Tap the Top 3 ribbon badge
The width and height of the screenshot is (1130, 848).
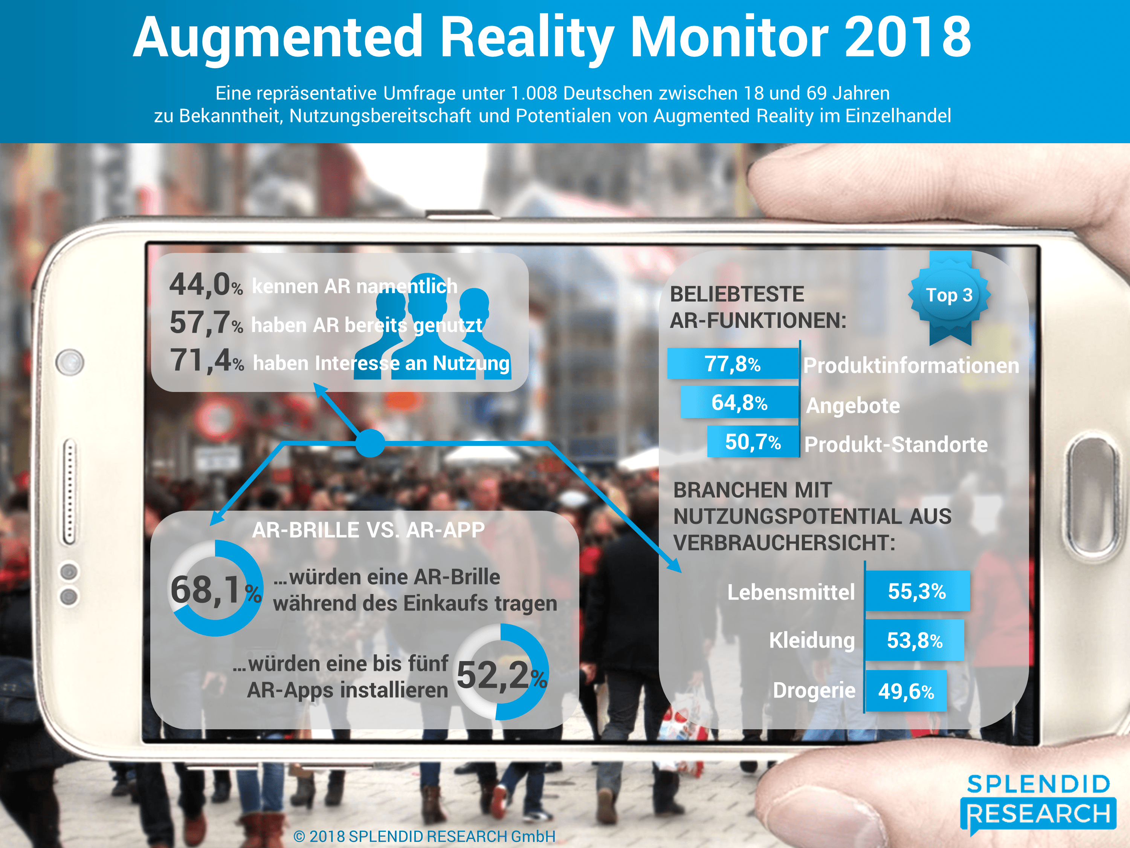[x=949, y=295]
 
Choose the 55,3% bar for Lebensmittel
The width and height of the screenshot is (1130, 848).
[x=917, y=591]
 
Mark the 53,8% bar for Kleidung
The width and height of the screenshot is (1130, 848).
[x=915, y=640]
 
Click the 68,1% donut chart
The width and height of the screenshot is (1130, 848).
[x=215, y=588]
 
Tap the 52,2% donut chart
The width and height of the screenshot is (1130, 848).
[x=501, y=672]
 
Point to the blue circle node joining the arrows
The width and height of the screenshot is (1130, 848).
[x=370, y=443]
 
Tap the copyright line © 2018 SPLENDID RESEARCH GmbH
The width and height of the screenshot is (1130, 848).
[x=425, y=837]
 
